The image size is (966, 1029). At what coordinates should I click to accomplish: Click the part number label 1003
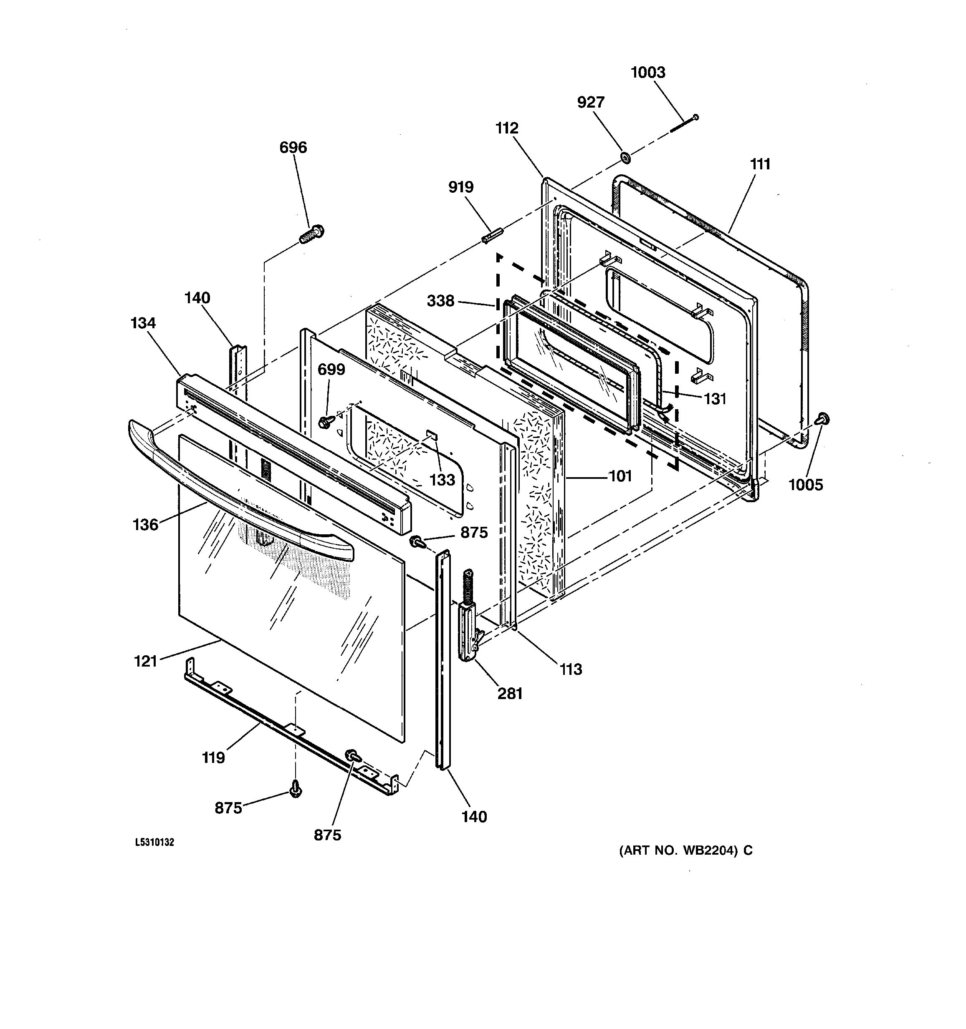[x=647, y=73]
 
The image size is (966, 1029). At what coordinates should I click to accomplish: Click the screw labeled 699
[x=326, y=422]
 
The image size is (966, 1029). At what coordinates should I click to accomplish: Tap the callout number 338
[x=440, y=301]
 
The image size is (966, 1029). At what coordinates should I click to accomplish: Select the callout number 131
[x=715, y=399]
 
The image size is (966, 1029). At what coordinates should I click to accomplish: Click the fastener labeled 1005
[x=822, y=418]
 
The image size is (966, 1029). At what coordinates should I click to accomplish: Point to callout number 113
[x=571, y=669]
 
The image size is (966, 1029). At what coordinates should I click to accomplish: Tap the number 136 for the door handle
[x=146, y=525]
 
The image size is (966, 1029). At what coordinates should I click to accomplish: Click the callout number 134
[x=143, y=323]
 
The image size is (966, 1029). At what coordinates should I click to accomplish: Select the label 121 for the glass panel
[x=146, y=662]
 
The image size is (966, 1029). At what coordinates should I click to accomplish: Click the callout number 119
[x=213, y=758]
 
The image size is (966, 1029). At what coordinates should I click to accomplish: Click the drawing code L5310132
[x=154, y=842]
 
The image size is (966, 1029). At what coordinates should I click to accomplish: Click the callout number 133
[x=442, y=480]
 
